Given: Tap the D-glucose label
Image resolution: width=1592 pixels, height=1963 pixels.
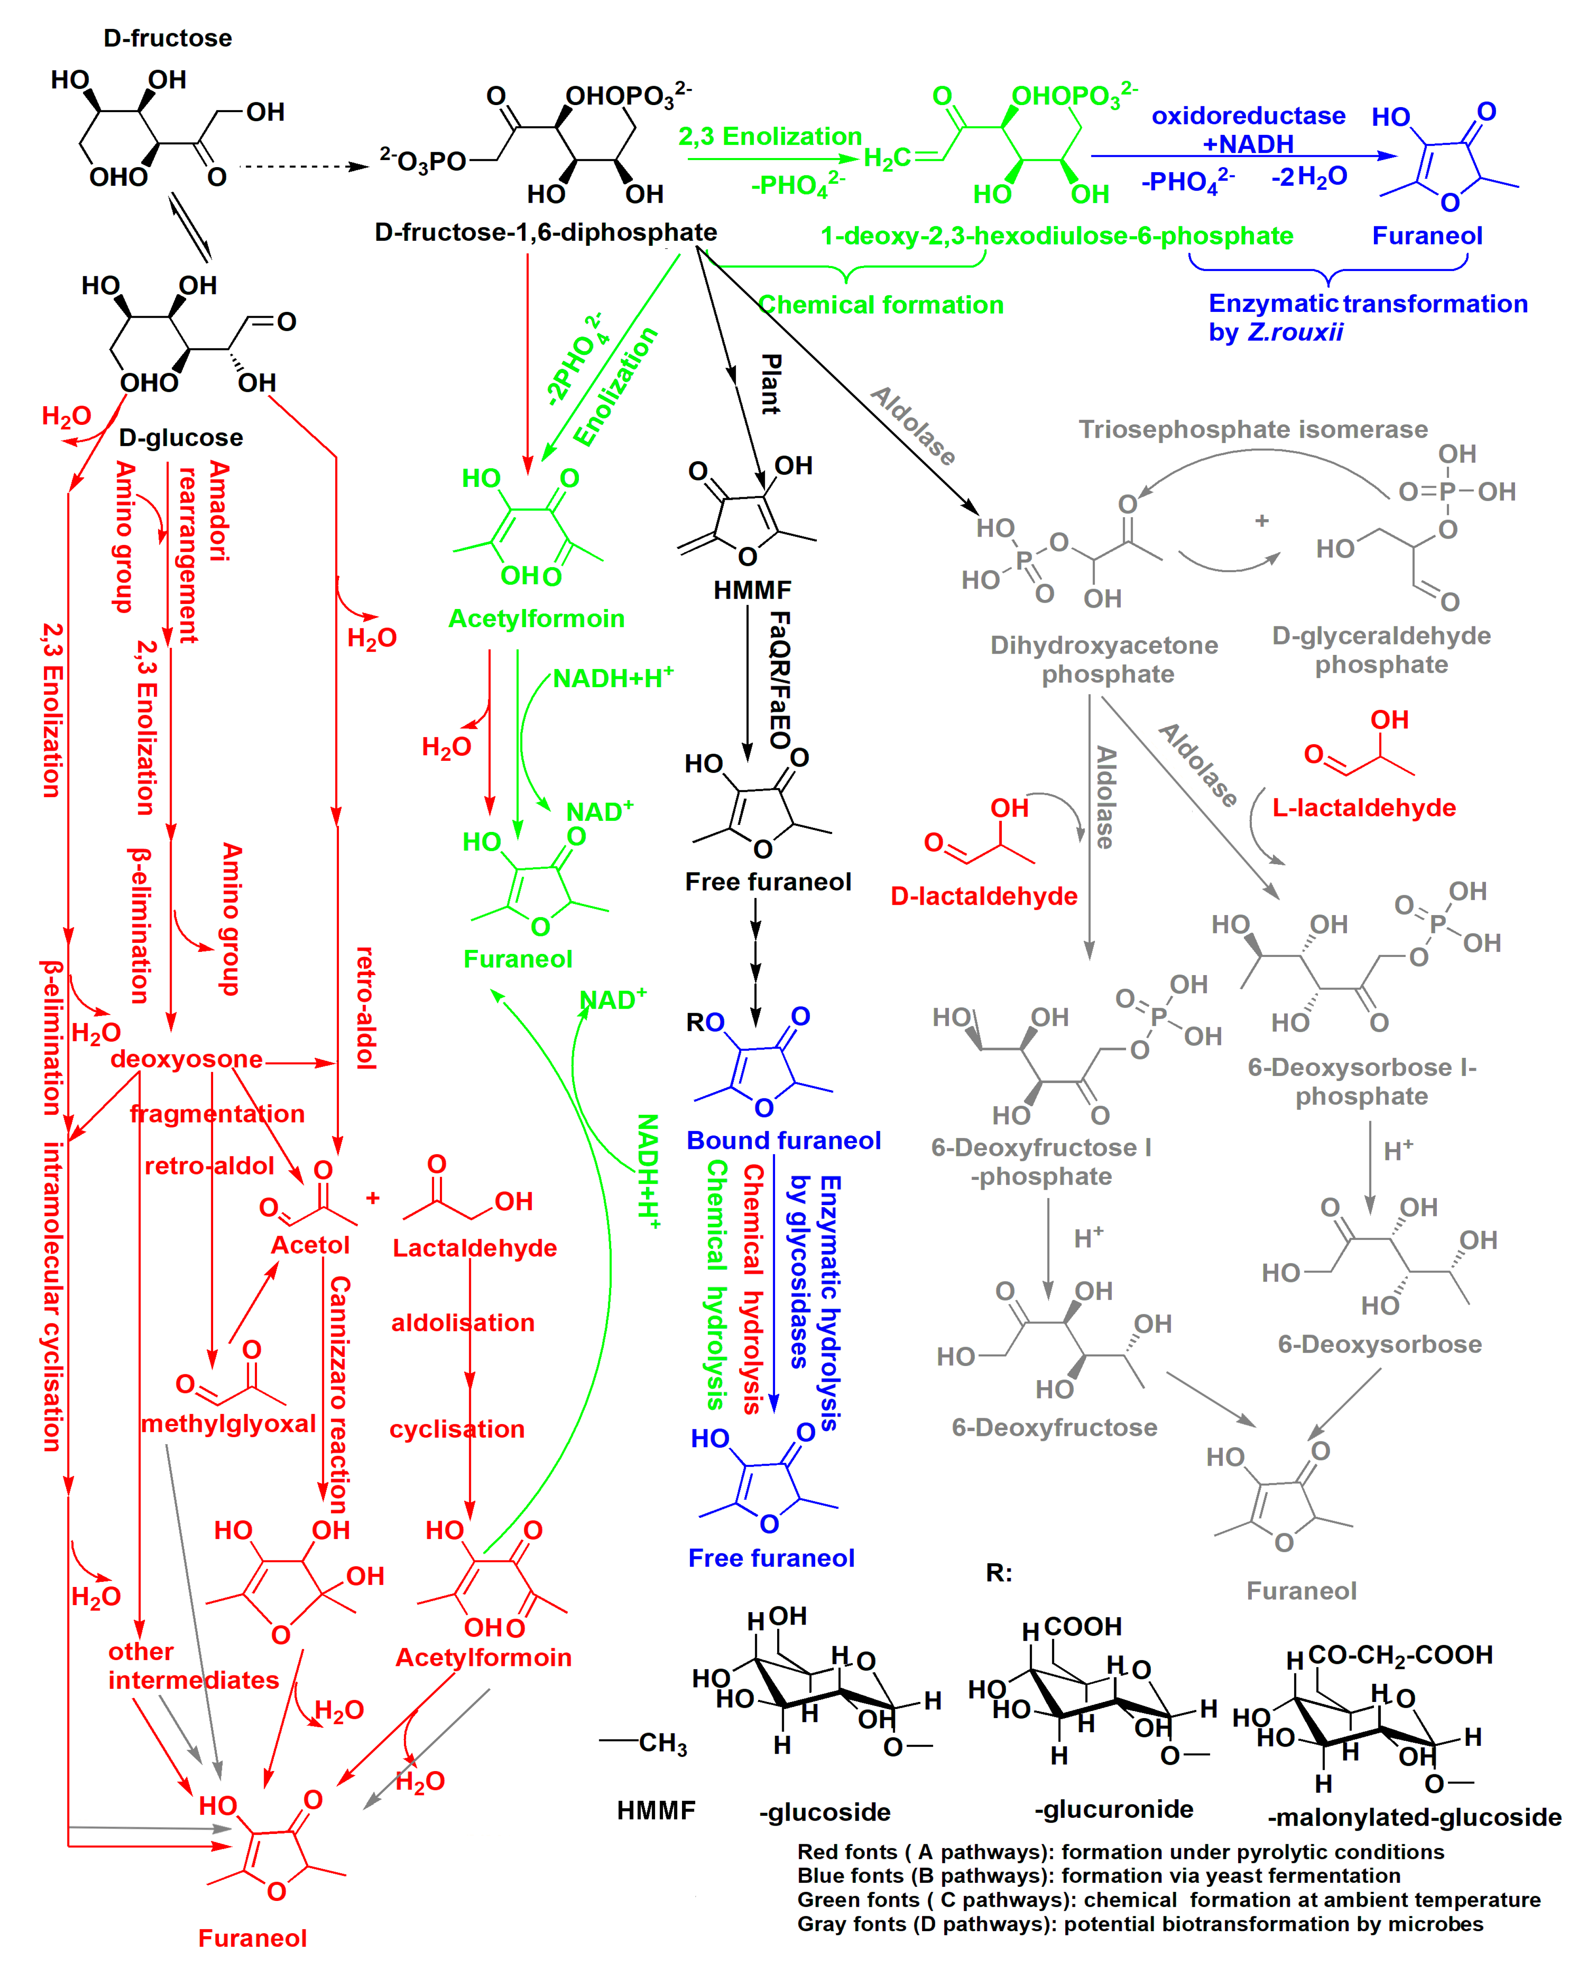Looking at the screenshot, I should point(181,437).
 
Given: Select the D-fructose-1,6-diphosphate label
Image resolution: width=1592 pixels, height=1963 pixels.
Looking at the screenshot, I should point(546,232).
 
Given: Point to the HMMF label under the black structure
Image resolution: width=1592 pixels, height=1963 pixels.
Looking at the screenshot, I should point(752,590).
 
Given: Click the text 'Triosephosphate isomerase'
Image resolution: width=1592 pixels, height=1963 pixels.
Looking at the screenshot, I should point(1253,429).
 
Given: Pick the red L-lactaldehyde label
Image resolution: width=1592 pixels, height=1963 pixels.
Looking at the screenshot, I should point(1364,808).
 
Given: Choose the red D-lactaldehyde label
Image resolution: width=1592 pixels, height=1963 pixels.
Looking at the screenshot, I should point(984,896).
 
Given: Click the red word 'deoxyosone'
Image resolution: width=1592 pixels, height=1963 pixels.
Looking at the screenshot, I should point(186,1059).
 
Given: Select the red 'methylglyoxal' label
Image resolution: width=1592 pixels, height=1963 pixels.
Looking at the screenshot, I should point(228,1423).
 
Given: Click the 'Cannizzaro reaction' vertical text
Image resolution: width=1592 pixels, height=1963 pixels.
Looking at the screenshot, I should point(339,1394).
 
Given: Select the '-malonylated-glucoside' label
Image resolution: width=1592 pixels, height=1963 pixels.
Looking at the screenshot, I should point(1414,1817).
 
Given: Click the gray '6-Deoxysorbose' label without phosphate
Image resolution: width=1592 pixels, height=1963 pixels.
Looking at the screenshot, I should point(1379,1344).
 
